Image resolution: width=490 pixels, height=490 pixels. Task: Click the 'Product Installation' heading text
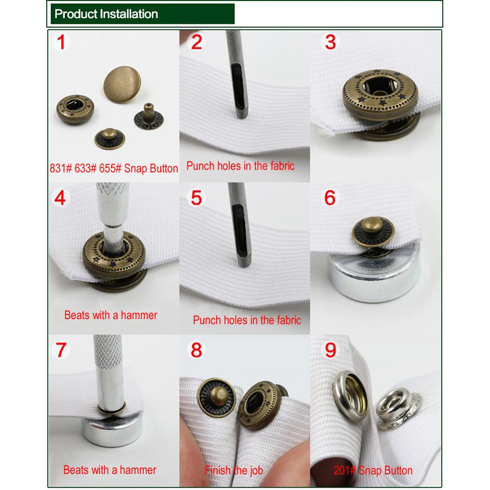click(106, 14)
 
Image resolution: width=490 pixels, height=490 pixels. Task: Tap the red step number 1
click(61, 42)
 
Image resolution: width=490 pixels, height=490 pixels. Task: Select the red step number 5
click(196, 198)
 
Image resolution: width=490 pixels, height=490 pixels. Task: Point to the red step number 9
click(330, 350)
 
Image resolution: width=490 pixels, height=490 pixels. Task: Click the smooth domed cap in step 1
click(122, 84)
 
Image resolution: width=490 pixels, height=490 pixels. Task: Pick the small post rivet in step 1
click(149, 117)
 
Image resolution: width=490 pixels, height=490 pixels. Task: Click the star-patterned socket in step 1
click(75, 109)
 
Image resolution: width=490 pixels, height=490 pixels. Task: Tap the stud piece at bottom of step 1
click(110, 138)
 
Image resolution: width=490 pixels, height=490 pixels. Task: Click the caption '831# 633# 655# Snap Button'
click(114, 168)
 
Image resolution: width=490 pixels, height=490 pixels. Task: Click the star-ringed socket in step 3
click(380, 95)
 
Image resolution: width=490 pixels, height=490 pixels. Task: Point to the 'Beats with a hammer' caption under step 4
click(111, 315)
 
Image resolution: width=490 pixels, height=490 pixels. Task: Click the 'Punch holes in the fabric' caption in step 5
click(247, 320)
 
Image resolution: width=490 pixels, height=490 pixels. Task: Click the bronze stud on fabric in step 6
click(373, 231)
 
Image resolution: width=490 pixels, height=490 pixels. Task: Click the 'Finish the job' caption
click(234, 470)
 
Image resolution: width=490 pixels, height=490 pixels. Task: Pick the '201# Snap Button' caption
click(373, 470)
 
